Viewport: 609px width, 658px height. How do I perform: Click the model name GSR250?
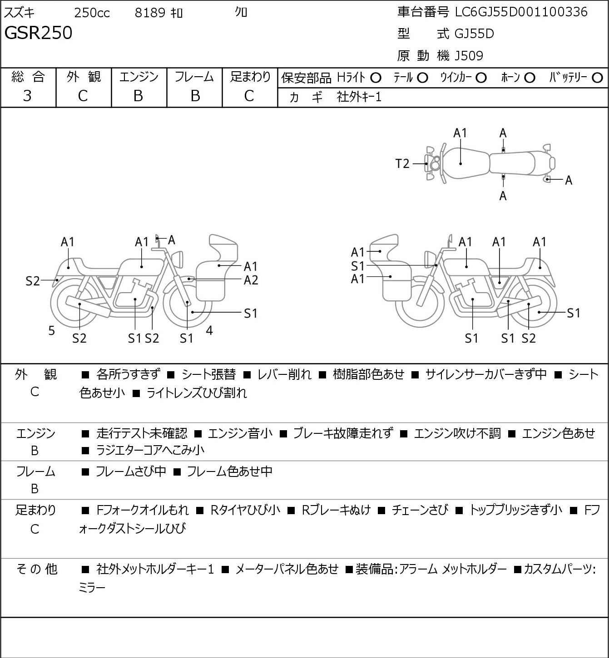38,33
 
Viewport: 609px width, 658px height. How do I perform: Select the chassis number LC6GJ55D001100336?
521,12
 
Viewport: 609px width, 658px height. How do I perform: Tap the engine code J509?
469,56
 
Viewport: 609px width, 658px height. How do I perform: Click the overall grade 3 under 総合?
27,96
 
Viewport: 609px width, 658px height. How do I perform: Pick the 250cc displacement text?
92,13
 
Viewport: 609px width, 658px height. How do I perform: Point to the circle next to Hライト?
376,78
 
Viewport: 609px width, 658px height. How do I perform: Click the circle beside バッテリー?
597,78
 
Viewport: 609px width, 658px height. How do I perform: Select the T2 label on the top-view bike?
402,164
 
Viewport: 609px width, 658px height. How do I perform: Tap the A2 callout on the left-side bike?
251,280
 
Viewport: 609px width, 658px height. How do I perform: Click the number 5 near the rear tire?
51,330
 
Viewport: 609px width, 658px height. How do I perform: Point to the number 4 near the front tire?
209,330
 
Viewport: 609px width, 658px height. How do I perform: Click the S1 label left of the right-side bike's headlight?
357,266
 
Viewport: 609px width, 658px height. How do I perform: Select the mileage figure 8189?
150,13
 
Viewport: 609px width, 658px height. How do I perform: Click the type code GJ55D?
474,34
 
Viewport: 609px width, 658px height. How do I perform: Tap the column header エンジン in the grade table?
139,77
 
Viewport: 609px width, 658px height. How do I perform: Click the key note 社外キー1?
359,97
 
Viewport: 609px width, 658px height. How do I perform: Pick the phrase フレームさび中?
131,471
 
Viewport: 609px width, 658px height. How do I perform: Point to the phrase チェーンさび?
420,510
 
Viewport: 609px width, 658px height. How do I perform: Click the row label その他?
37,569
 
